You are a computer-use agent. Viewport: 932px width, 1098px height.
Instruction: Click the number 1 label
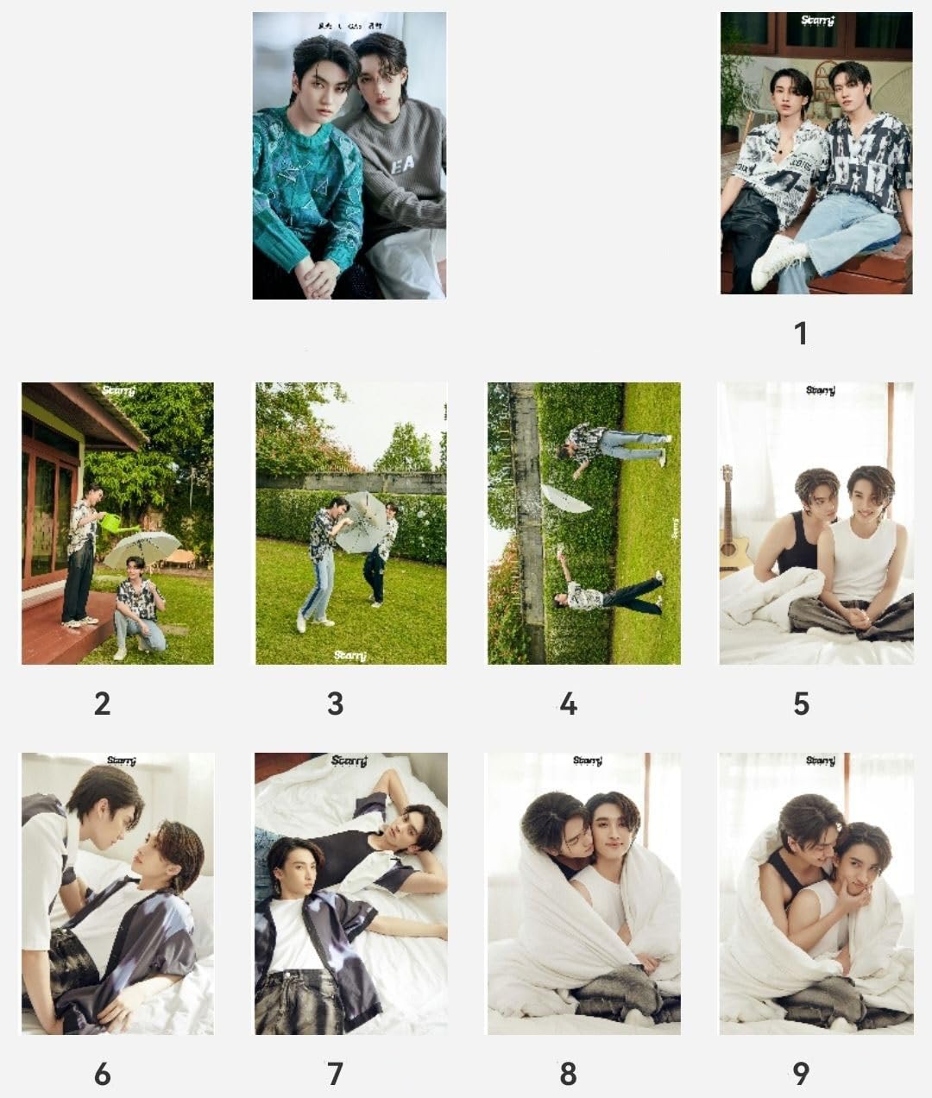tap(801, 333)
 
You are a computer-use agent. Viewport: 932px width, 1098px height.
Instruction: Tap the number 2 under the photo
tap(102, 704)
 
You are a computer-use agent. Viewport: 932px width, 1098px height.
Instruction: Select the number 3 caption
tap(335, 704)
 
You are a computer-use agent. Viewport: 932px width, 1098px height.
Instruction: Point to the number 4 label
tap(568, 704)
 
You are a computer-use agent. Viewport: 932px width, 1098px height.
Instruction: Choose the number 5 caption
tap(801, 704)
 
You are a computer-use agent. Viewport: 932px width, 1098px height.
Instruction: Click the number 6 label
tap(102, 1074)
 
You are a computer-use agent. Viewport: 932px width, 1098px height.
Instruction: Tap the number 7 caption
tap(335, 1074)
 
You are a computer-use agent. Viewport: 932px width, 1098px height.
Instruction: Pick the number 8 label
tap(568, 1074)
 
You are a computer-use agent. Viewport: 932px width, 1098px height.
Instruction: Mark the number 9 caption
tap(801, 1074)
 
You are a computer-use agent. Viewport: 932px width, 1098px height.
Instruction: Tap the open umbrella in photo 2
tap(142, 549)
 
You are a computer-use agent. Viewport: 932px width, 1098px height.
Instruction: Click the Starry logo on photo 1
tap(815, 21)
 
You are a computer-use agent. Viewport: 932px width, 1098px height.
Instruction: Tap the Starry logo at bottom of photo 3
tap(350, 656)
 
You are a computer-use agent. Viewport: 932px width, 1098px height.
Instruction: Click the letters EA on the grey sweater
tap(402, 164)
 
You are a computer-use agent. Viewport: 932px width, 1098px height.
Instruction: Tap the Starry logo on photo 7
tap(350, 761)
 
